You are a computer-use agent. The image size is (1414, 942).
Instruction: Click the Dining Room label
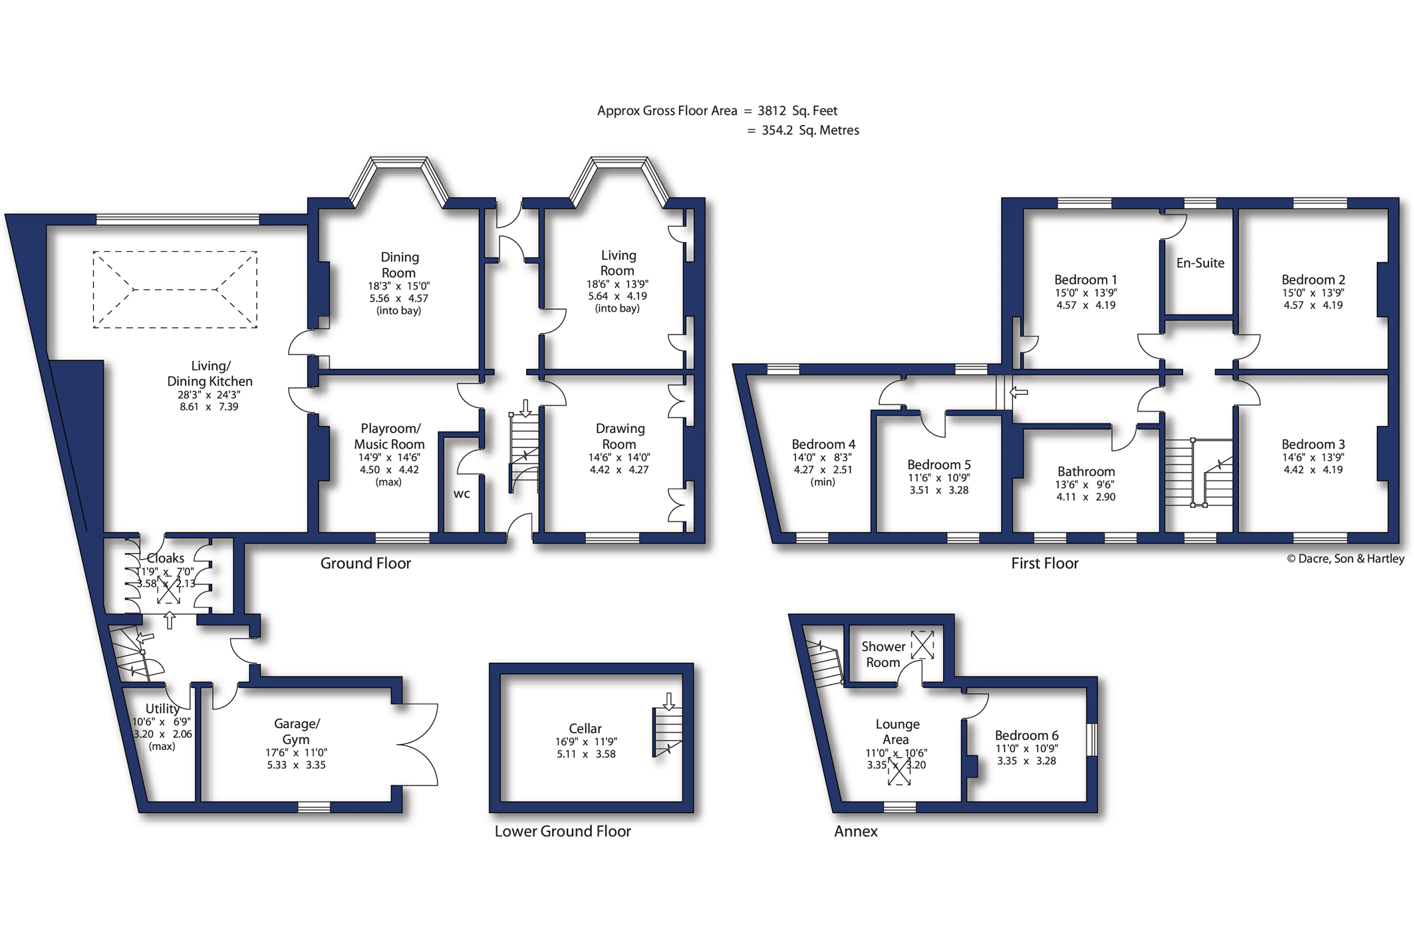[399, 265]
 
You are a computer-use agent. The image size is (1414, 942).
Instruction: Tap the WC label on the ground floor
[462, 493]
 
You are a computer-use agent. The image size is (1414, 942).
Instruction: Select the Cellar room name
[585, 728]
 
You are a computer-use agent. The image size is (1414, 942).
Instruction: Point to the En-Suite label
[1200, 263]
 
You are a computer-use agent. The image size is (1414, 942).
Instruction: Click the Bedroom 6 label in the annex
[1026, 735]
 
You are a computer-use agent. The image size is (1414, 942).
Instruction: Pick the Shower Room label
[883, 654]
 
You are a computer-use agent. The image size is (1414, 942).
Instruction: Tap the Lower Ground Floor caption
[563, 831]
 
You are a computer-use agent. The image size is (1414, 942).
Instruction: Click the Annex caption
[856, 831]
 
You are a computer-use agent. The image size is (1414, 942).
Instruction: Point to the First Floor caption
[1044, 563]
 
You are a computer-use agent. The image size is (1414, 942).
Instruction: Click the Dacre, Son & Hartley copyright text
[1345, 558]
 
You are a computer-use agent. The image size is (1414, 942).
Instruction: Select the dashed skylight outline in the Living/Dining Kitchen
[175, 251]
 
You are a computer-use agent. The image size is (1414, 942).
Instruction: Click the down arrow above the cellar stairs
[669, 701]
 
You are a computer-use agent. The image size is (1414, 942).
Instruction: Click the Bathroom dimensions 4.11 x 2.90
[1085, 497]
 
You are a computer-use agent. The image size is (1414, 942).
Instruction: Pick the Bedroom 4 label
[823, 444]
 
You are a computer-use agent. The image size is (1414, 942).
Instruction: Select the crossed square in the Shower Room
[922, 645]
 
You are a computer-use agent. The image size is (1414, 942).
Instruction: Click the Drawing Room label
[620, 436]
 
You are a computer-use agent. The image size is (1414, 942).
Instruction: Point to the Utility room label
[162, 708]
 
